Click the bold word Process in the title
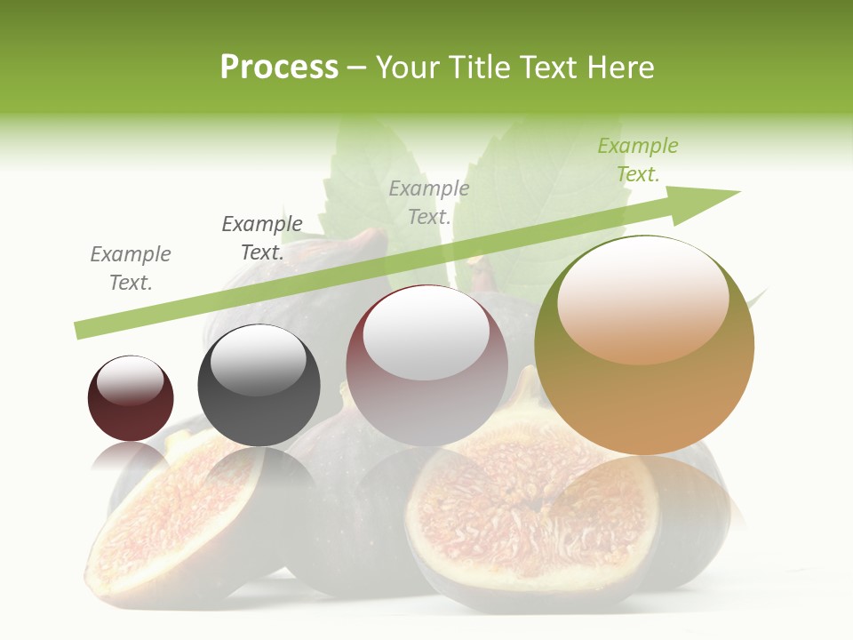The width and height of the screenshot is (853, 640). coord(279,68)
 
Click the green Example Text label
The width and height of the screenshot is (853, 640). coord(638,160)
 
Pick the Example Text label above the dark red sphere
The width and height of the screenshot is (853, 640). coord(131,268)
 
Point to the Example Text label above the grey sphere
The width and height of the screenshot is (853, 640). coord(262,238)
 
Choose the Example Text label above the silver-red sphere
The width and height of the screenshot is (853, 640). coord(429,202)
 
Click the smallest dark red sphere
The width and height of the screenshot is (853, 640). coord(131,398)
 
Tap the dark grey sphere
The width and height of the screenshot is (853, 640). coord(259,385)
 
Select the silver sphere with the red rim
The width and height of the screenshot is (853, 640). coord(426,365)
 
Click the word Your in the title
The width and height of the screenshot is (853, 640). coord(410,68)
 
